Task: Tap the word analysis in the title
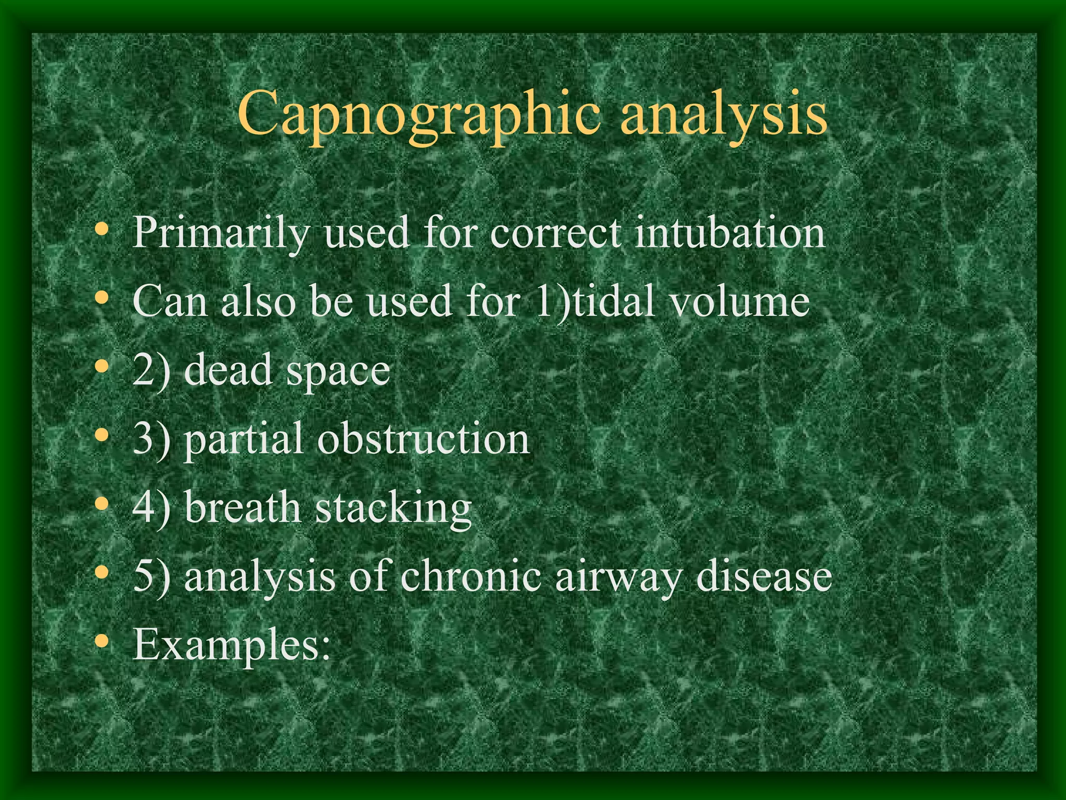(x=724, y=114)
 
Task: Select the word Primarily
(x=221, y=232)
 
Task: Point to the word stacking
(x=394, y=509)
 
